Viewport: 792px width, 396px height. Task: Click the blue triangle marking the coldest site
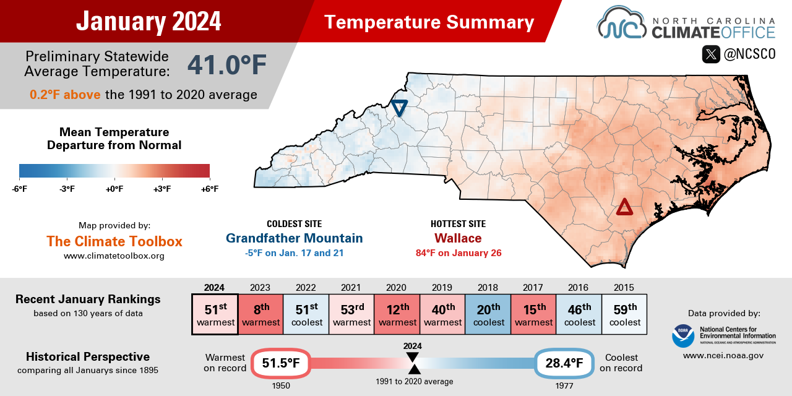pyautogui.click(x=399, y=108)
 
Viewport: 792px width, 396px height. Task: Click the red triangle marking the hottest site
pyautogui.click(x=624, y=207)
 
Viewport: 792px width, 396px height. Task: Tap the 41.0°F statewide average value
pyautogui.click(x=227, y=64)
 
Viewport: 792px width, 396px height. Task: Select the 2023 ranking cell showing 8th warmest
pyautogui.click(x=260, y=314)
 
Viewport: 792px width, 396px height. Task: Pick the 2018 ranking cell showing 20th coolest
pyautogui.click(x=488, y=314)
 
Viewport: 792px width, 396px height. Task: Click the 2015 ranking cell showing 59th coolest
pyautogui.click(x=624, y=314)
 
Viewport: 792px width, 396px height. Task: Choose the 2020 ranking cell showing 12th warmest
pyautogui.click(x=397, y=314)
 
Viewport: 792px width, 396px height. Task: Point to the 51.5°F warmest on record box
pyautogui.click(x=280, y=363)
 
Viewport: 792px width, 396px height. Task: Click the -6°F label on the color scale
pyautogui.click(x=19, y=189)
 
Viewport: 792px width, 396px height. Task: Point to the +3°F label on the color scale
pyautogui.click(x=162, y=189)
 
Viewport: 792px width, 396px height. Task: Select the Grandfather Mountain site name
pyautogui.click(x=294, y=238)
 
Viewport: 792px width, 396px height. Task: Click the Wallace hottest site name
pyautogui.click(x=458, y=238)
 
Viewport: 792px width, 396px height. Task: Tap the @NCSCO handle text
pyautogui.click(x=749, y=54)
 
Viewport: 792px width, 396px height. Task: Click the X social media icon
pyautogui.click(x=711, y=54)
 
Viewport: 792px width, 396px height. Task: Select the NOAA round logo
pyautogui.click(x=682, y=335)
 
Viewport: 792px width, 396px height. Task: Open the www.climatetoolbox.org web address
pyautogui.click(x=114, y=256)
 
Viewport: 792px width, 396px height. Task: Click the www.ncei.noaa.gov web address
pyautogui.click(x=723, y=356)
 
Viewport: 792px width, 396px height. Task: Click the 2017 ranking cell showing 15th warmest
pyautogui.click(x=533, y=314)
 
